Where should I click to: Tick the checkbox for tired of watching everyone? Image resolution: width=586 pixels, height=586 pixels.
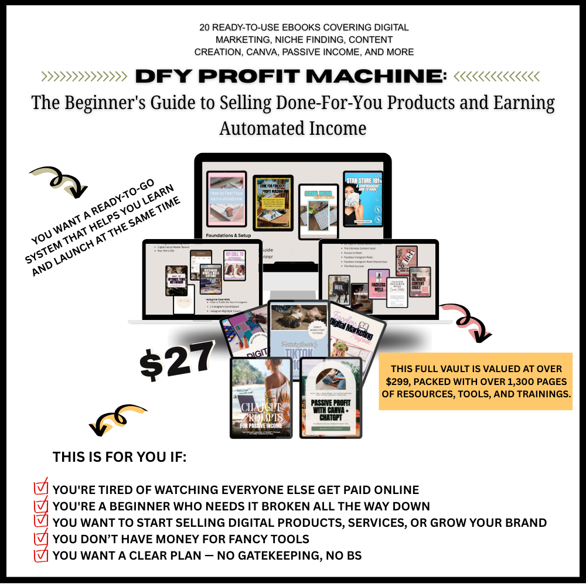tap(41, 488)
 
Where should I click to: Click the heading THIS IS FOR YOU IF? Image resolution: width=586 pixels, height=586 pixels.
tap(120, 457)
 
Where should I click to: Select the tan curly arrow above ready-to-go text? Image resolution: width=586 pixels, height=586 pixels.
tap(59, 181)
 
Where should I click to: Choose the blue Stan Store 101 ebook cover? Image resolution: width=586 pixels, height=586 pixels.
tap(363, 197)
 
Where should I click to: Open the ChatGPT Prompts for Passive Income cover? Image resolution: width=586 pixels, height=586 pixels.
tap(261, 397)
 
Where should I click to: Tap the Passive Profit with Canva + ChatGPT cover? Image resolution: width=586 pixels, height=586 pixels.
tap(331, 398)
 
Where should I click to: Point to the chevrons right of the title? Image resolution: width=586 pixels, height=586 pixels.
tap(497, 76)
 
